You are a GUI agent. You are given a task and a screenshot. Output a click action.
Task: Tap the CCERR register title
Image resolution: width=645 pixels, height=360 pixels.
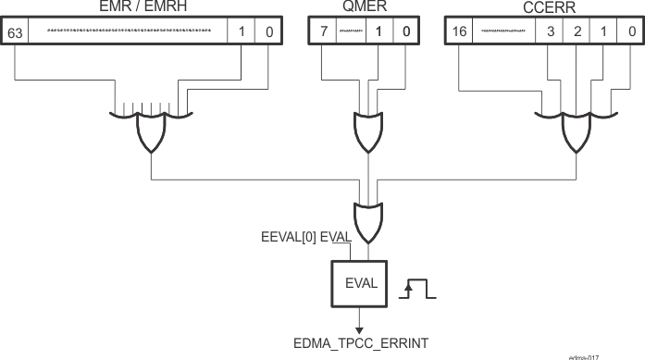[544, 7]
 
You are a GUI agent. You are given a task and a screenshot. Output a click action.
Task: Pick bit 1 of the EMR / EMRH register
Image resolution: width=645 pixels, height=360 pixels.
[241, 32]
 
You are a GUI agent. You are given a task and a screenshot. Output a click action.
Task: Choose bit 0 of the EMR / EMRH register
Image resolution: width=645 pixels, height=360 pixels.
[268, 32]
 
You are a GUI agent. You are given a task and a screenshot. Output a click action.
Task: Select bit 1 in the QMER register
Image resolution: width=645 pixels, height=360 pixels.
[378, 32]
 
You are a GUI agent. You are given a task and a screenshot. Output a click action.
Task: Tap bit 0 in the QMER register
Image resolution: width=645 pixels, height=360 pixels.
[406, 32]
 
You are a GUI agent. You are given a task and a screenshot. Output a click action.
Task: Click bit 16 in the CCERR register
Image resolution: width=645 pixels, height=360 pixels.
[459, 32]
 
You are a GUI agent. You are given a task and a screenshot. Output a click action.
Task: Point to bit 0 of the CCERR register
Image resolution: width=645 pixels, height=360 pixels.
[630, 32]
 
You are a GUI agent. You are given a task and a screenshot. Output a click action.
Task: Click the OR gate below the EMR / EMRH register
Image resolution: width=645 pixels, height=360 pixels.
[151, 133]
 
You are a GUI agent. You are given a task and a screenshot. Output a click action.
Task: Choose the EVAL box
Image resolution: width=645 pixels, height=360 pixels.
[362, 283]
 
